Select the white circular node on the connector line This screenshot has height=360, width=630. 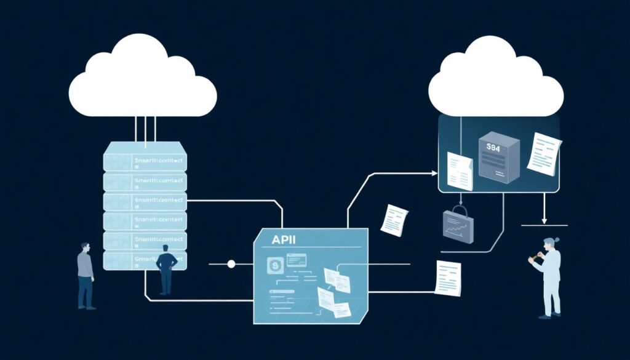click(231, 264)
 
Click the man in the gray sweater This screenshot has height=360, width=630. click(86, 274)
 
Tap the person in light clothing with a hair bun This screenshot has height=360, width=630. click(549, 277)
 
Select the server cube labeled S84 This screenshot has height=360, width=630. click(498, 158)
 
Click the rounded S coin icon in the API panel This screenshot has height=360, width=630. click(274, 265)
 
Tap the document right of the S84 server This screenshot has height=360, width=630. click(544, 153)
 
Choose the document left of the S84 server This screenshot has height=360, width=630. click(460, 170)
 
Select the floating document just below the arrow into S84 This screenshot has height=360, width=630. click(394, 220)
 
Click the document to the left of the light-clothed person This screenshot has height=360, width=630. click(448, 278)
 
